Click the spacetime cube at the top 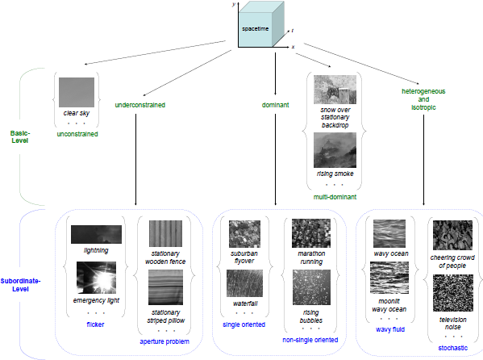click(261, 24)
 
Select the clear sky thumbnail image click(77, 92)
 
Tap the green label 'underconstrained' click(140, 105)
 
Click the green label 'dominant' click(276, 105)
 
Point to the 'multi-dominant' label click(335, 197)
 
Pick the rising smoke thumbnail click(335, 150)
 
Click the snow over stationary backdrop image click(335, 90)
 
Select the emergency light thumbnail click(97, 278)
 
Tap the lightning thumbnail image click(96, 234)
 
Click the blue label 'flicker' click(95, 324)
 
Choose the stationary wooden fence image click(165, 233)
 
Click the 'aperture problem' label click(164, 341)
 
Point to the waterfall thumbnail click(245, 283)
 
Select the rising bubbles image click(311, 287)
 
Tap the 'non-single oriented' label click(310, 340)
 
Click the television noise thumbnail click(453, 293)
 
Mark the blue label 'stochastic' click(453, 348)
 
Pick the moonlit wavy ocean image click(389, 278)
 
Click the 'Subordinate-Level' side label click(20, 285)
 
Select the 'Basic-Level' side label click(20, 136)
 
